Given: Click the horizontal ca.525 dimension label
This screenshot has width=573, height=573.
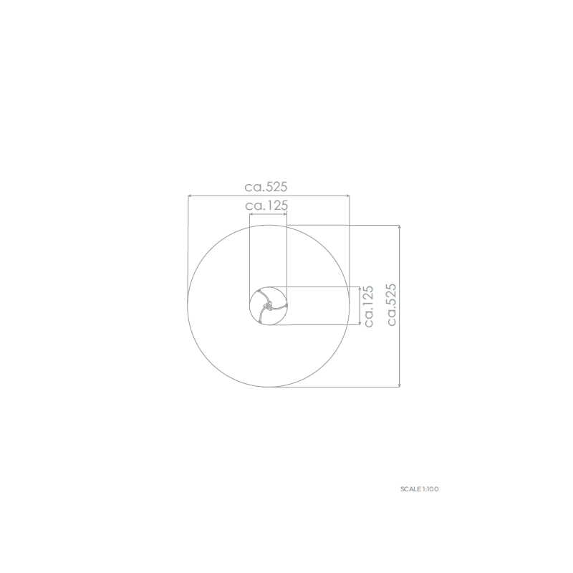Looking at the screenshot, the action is coord(266,187).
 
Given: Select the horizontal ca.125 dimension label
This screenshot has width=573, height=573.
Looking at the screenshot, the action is coord(266,206).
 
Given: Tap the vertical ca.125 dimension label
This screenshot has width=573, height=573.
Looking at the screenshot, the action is coord(368,307).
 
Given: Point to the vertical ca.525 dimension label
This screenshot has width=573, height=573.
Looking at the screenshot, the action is coord(391,305).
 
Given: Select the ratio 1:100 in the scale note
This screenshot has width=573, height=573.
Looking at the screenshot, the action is coord(431,489).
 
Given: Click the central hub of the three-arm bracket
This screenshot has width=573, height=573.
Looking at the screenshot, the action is coord(268,305).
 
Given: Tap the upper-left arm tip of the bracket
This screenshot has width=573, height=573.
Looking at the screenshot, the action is coord(259,292).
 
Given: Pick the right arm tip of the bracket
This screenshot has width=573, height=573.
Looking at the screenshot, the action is coord(286,305).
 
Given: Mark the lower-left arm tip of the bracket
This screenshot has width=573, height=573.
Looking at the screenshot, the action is coord(259,322).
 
